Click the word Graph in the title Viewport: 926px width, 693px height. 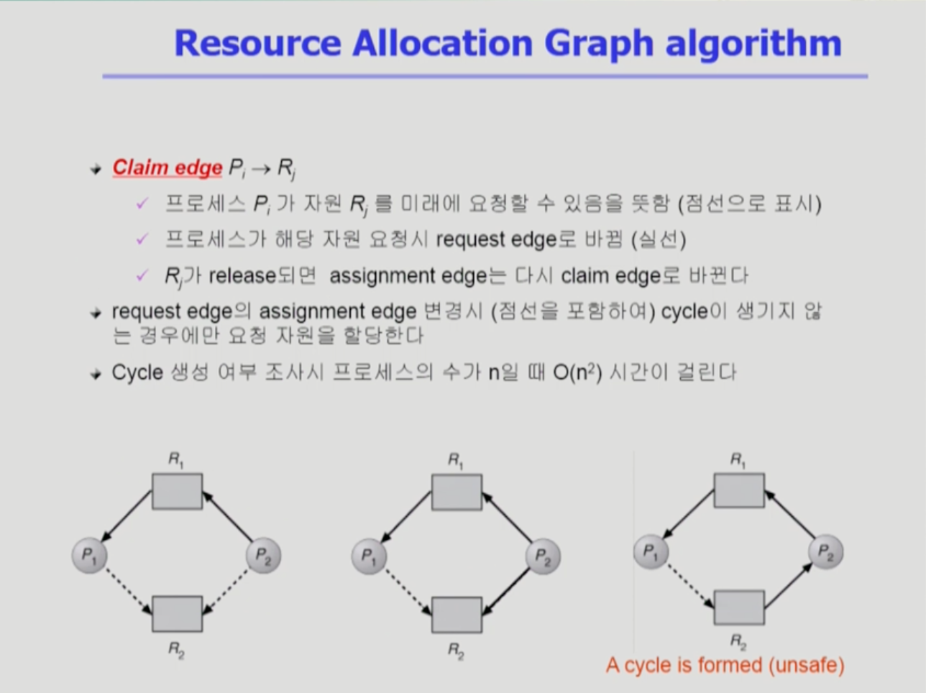point(600,44)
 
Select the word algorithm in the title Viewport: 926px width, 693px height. point(753,44)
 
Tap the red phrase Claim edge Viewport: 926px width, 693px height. point(167,168)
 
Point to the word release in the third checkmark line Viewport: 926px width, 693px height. point(242,276)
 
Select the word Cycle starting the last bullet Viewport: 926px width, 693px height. point(137,373)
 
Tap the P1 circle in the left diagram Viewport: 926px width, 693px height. point(89,555)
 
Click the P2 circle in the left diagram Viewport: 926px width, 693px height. point(264,555)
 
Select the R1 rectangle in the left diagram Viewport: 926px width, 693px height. point(177,492)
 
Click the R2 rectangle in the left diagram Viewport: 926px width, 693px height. point(177,614)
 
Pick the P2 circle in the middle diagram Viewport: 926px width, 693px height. point(544,556)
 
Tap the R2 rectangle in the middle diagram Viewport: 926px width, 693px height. point(457,615)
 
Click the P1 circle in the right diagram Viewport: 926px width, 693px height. point(651,551)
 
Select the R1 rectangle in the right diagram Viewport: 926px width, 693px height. point(739,490)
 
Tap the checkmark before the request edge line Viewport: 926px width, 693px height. point(142,239)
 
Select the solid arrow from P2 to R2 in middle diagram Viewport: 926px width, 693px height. point(506,592)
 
